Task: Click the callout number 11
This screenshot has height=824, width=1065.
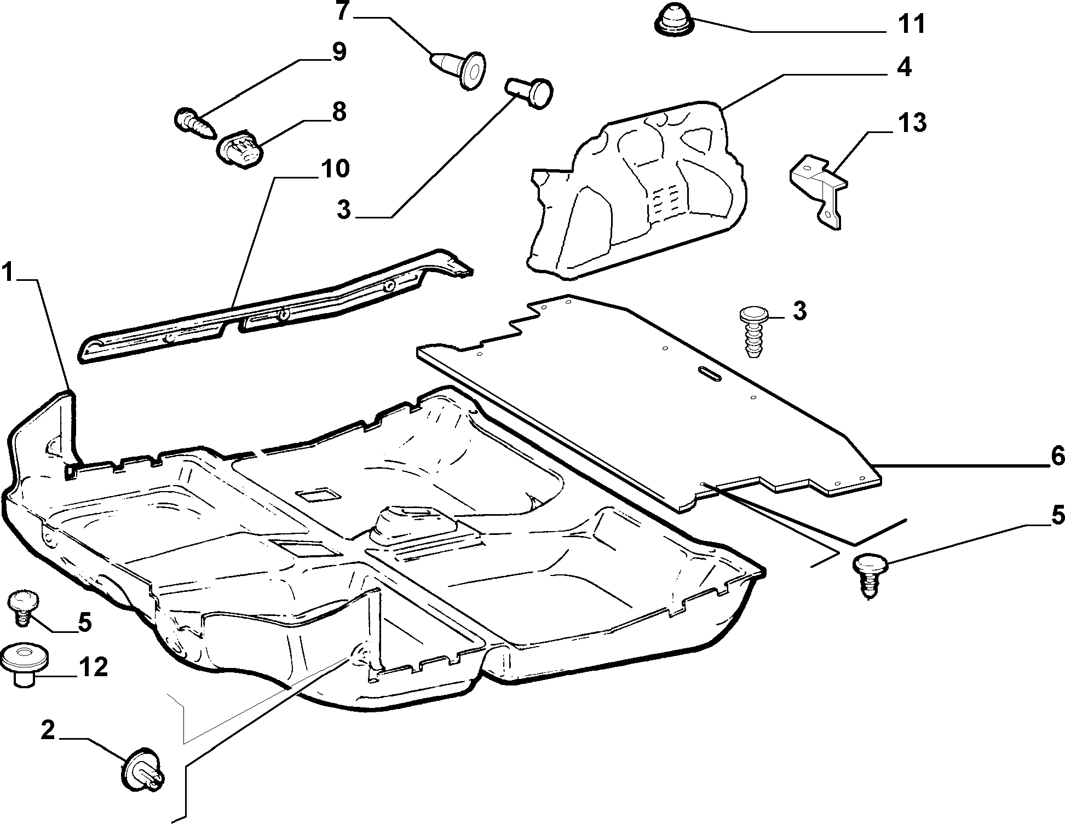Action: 911,25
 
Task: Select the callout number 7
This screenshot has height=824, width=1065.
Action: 343,11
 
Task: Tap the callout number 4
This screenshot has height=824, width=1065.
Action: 903,67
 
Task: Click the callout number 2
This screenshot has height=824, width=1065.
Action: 48,731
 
